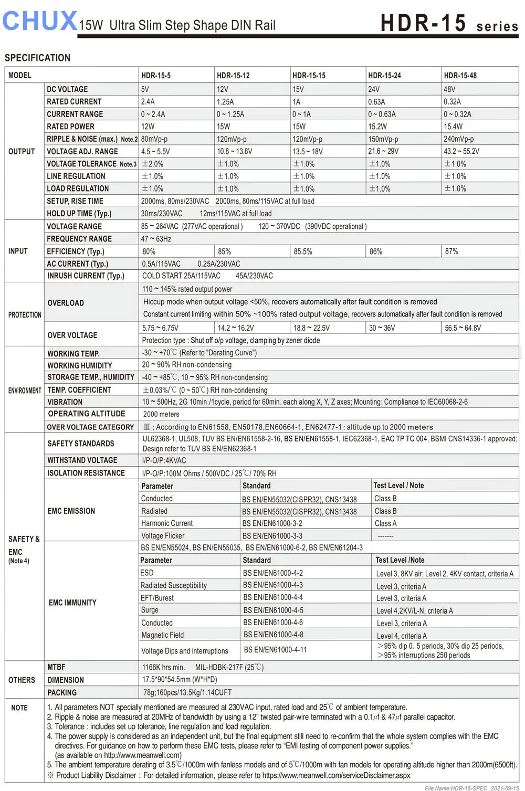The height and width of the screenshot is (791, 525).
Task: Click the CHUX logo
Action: click(x=40, y=21)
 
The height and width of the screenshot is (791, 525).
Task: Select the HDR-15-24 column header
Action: click(x=384, y=76)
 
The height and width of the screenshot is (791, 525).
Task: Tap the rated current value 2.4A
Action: click(x=148, y=102)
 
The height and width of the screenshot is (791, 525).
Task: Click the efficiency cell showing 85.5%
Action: click(x=303, y=251)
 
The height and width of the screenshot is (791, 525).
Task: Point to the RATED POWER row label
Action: click(x=70, y=126)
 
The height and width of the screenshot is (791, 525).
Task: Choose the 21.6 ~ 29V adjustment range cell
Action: click(x=383, y=151)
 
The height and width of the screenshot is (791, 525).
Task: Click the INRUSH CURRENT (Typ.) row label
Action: click(x=86, y=276)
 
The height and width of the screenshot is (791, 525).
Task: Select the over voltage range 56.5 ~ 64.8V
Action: click(x=463, y=328)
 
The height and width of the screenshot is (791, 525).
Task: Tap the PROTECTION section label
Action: click(x=25, y=315)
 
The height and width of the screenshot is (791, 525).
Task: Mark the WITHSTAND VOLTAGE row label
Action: click(x=82, y=460)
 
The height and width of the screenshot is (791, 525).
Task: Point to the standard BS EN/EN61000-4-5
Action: click(x=273, y=610)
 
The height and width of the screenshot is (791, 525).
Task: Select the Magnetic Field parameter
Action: click(x=163, y=635)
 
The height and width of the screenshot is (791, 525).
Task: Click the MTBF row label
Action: click(x=56, y=667)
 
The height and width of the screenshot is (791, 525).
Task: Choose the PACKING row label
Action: click(x=62, y=693)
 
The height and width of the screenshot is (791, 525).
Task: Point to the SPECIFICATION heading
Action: click(x=37, y=58)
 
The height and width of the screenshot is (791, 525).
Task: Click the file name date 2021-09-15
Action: click(x=505, y=788)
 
